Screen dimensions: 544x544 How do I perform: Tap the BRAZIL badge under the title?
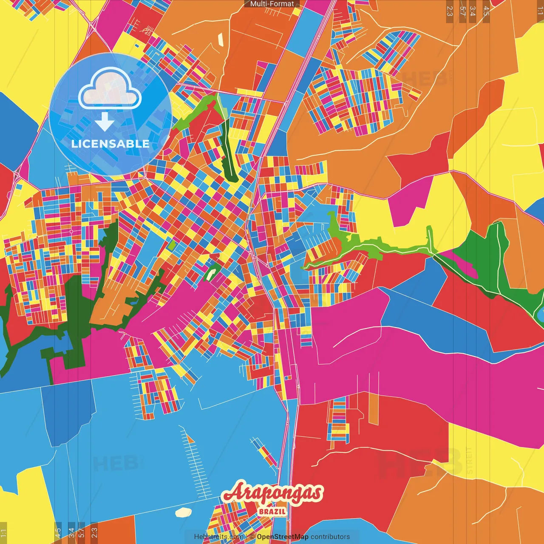coord(272,511)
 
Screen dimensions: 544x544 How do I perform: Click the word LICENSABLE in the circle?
coord(110,144)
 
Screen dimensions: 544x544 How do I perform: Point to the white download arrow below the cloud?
coord(105,122)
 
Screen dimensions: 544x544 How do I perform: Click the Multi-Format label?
coord(272,4)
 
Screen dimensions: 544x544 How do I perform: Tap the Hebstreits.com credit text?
coord(218,537)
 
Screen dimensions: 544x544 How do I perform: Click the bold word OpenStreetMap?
coord(283,537)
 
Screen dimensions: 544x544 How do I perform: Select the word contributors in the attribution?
coord(330,537)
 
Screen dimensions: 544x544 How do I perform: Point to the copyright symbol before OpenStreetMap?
coord(252,537)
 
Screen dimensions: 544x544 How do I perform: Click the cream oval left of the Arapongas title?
coord(184,512)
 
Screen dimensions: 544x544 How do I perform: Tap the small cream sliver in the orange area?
coord(221,39)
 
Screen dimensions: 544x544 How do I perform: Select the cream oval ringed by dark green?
coord(210,275)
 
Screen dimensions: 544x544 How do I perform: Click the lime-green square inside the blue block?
coord(171,246)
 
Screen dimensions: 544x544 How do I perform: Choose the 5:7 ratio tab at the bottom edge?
coord(82,533)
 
